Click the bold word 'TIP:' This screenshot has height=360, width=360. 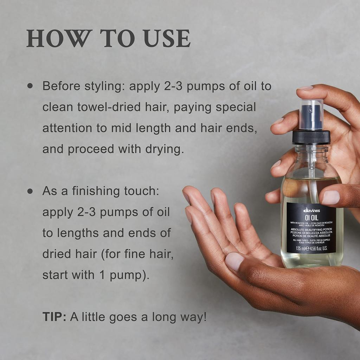(x=54, y=317)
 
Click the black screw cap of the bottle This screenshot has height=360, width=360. (x=311, y=137)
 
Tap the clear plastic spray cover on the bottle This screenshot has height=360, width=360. (x=311, y=114)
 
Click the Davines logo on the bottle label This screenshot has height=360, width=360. (x=311, y=210)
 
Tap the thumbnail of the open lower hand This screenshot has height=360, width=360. (x=234, y=261)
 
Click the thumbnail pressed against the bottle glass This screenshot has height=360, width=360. (x=330, y=197)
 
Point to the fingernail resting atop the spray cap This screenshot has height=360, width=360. (x=305, y=88)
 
